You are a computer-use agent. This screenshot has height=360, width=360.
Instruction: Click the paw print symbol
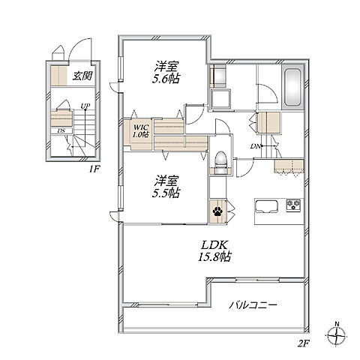217,211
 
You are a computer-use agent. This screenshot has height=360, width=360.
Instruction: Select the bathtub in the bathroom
292,87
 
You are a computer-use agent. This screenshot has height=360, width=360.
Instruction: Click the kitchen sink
266,206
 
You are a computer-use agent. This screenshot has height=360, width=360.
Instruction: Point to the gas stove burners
293,205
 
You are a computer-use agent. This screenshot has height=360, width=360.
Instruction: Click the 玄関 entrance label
82,76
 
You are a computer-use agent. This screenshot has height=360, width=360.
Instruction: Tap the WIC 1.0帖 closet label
141,130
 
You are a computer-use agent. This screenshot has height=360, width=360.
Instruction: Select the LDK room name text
214,244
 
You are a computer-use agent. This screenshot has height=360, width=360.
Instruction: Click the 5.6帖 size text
166,79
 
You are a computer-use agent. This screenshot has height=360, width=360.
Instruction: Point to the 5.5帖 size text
166,193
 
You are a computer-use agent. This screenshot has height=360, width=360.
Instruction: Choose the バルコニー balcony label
253,305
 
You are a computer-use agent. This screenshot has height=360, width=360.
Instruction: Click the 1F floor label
94,169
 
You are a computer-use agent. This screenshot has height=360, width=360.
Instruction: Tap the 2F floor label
303,344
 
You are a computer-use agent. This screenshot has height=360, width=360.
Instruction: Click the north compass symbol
337,334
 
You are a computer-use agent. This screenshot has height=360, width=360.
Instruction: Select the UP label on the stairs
85,106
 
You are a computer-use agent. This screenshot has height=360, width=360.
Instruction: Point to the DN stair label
256,146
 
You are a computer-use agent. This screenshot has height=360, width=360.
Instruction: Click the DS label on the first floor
61,130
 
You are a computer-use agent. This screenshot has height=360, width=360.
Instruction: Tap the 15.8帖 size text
214,257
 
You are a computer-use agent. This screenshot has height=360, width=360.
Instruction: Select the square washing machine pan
220,98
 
